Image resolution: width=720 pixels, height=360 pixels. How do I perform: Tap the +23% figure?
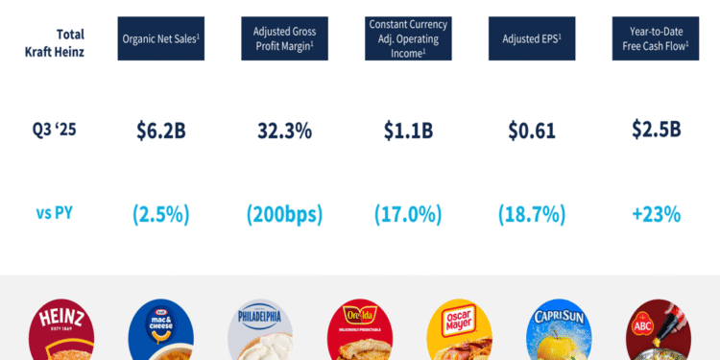pyautogui.click(x=656, y=214)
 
